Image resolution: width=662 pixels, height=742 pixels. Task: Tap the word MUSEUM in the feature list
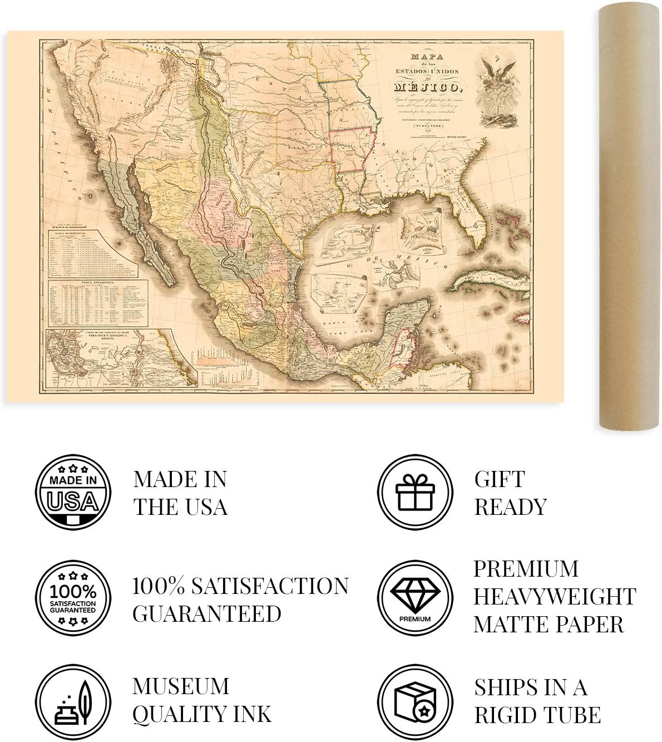coord(181,686)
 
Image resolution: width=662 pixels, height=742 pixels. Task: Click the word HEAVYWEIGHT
coord(555,597)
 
